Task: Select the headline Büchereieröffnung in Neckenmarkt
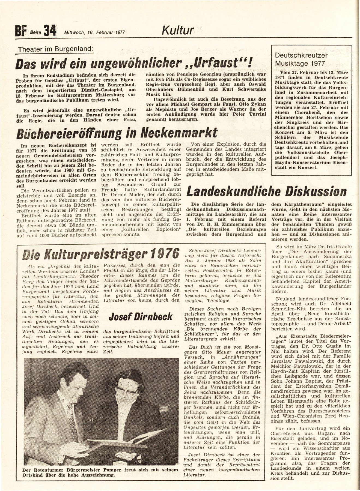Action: [x=117, y=133]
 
